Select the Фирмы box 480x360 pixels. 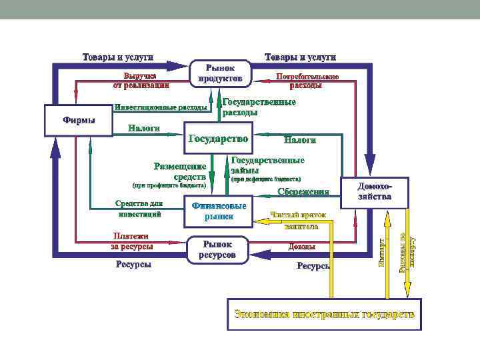coord(78,120)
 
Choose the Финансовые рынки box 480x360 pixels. coord(219,211)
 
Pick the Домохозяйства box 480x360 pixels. coord(374,192)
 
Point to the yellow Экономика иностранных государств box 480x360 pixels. coord(325,314)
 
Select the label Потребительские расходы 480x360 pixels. coord(307,81)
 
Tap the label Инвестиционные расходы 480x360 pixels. coord(161,107)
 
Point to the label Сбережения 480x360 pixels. coord(303,192)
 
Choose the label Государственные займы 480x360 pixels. coord(267,165)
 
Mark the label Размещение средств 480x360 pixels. coord(180,171)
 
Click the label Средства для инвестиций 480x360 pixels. coord(139,209)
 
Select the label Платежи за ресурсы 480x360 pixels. coord(131,241)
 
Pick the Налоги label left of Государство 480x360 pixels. coord(144,128)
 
